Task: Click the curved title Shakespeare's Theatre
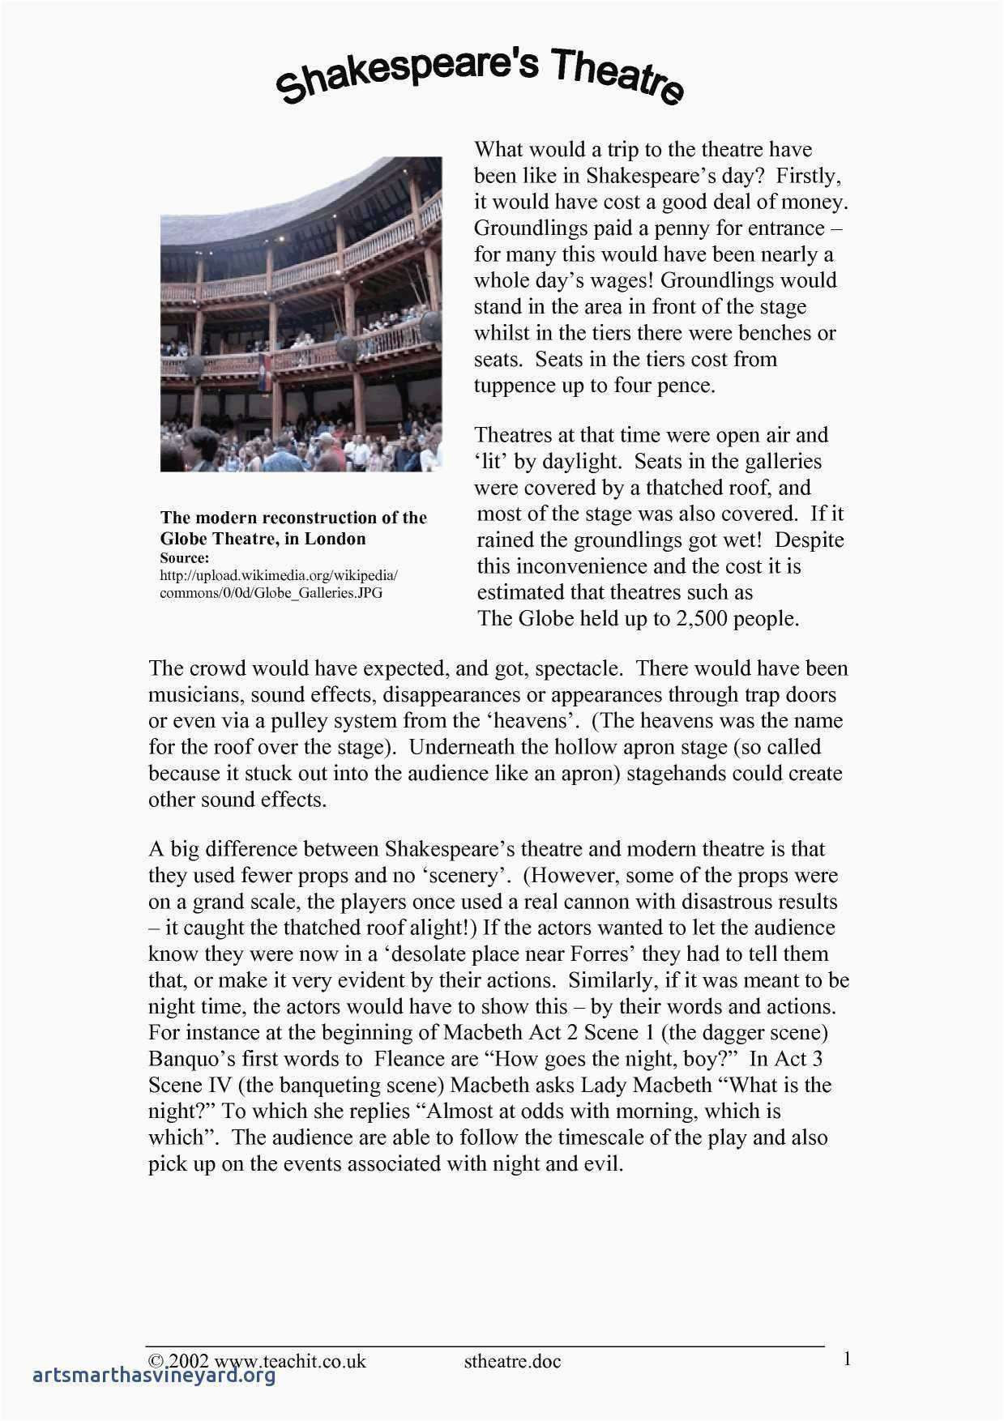tap(481, 75)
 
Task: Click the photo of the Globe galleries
tap(301, 314)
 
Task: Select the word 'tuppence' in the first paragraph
tap(515, 386)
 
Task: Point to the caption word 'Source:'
tap(185, 558)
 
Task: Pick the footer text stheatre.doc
tap(512, 1361)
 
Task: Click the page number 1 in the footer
tap(847, 1359)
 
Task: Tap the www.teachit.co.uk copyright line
tap(257, 1361)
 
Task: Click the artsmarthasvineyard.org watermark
tap(150, 1376)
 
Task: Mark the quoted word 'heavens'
tap(532, 721)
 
